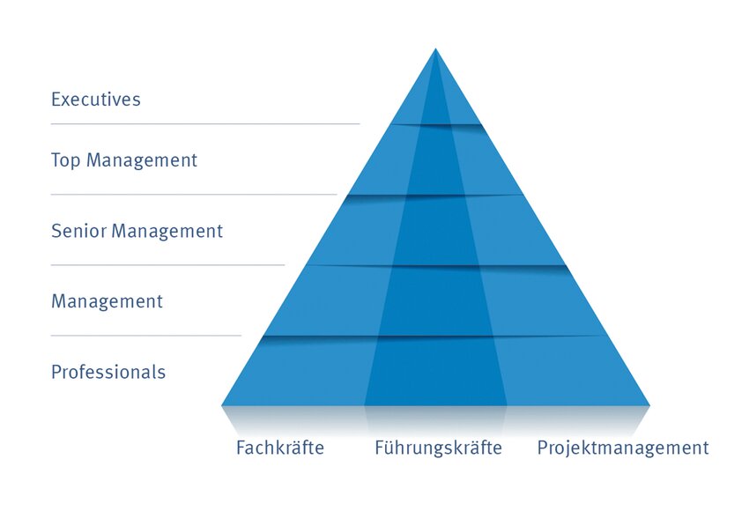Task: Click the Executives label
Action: coord(95,100)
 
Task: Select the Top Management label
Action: coord(124,160)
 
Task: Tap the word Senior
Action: coord(78,231)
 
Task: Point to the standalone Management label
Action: coord(107,301)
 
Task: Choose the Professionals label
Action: coord(108,372)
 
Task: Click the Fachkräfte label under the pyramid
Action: coord(280,448)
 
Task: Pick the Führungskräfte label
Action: coord(438,448)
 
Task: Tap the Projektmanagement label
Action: coord(623,448)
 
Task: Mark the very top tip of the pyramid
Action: coord(435,48)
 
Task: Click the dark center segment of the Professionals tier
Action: coord(435,371)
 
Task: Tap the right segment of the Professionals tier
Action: coord(571,371)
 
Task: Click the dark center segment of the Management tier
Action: coord(435,300)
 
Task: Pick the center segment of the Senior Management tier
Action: coord(435,230)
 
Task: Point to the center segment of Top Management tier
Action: coord(435,160)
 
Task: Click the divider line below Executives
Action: coord(205,123)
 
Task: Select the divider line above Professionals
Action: coord(146,336)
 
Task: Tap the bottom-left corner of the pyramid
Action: coord(222,406)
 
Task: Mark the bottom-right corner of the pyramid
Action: coord(650,406)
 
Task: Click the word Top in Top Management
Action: coord(66,160)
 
